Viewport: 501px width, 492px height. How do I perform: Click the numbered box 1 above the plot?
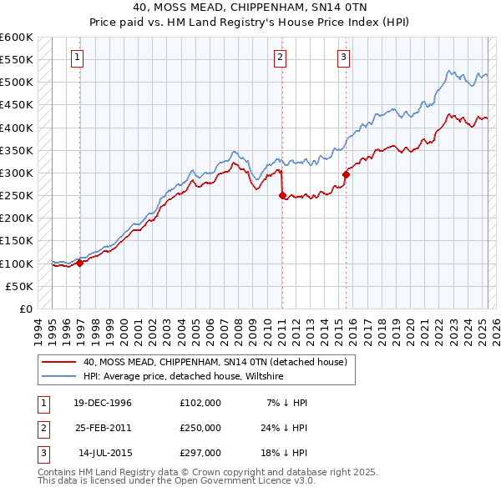point(77,58)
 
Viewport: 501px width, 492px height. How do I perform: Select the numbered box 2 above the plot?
point(280,58)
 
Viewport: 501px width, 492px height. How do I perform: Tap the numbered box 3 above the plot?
point(343,58)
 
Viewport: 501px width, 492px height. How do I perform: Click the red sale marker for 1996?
point(80,263)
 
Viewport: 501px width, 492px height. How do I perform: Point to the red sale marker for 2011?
point(281,196)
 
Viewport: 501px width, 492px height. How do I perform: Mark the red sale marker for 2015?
point(347,175)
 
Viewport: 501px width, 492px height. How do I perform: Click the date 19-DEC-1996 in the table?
point(103,403)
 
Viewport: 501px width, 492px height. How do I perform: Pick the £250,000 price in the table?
point(200,428)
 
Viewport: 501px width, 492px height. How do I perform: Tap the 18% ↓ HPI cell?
point(288,453)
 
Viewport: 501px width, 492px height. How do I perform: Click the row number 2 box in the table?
point(43,428)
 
